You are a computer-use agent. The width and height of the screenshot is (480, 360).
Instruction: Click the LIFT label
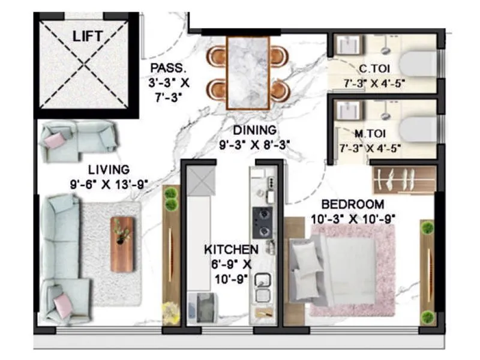click(x=87, y=36)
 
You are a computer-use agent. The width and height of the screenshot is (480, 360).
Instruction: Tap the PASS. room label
click(x=163, y=68)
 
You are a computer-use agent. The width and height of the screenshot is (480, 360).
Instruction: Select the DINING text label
click(x=256, y=130)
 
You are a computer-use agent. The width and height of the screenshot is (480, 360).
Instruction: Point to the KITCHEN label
click(x=231, y=249)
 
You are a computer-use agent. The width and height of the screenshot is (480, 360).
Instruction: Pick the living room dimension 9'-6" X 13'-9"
click(x=108, y=185)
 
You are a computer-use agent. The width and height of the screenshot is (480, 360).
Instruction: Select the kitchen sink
click(x=262, y=287)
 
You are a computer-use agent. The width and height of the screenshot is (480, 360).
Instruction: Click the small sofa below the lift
click(x=79, y=140)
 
